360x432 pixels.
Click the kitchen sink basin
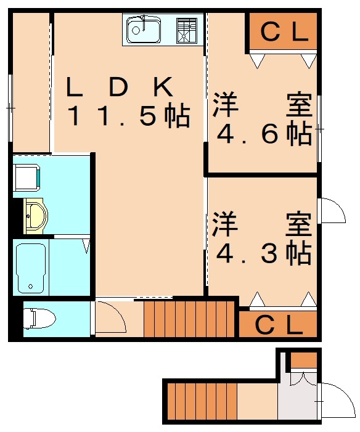click(144, 28)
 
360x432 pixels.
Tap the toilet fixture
click(40, 319)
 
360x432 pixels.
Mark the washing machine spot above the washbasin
click(28, 176)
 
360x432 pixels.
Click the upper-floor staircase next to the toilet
click(190, 318)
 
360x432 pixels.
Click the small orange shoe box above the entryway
click(303, 359)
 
